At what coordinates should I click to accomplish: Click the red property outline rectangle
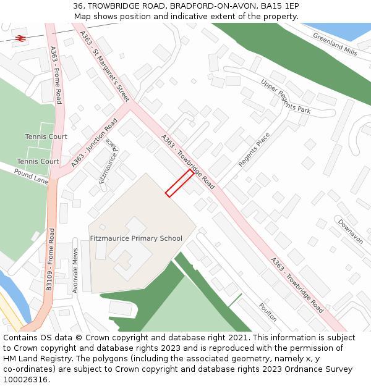tap(179, 183)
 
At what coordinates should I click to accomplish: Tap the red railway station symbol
tap(20, 38)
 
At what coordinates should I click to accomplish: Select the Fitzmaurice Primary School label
tap(136, 238)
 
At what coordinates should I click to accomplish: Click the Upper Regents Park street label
tap(285, 96)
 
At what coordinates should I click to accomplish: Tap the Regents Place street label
tap(254, 149)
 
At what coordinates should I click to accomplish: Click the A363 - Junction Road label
tap(94, 143)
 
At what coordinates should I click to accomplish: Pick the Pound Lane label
tap(31, 178)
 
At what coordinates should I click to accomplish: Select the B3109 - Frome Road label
tap(51, 259)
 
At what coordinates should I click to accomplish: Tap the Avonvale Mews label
tap(75, 271)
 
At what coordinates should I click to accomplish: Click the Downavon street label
tap(350, 231)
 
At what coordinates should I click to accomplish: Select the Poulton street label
tap(268, 312)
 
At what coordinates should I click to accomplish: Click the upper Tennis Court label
tap(46, 136)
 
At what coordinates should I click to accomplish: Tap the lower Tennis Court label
tap(38, 161)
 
